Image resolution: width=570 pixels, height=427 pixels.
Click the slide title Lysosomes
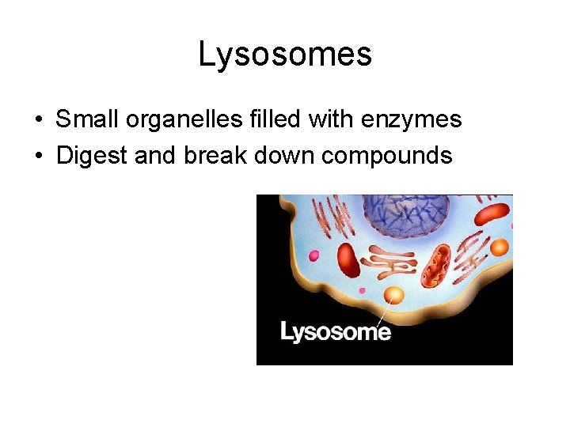(285, 55)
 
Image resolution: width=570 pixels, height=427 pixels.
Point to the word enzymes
(411, 119)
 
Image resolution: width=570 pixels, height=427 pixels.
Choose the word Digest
(93, 155)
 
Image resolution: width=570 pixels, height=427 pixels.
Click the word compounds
(387, 155)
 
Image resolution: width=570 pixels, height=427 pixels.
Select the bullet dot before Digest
(38, 157)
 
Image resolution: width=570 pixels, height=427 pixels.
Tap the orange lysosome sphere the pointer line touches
(393, 296)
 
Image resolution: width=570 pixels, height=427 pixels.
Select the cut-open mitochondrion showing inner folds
(435, 266)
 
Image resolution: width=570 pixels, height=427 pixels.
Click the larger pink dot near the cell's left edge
(313, 256)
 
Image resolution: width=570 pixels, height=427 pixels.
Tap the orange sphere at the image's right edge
(499, 248)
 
